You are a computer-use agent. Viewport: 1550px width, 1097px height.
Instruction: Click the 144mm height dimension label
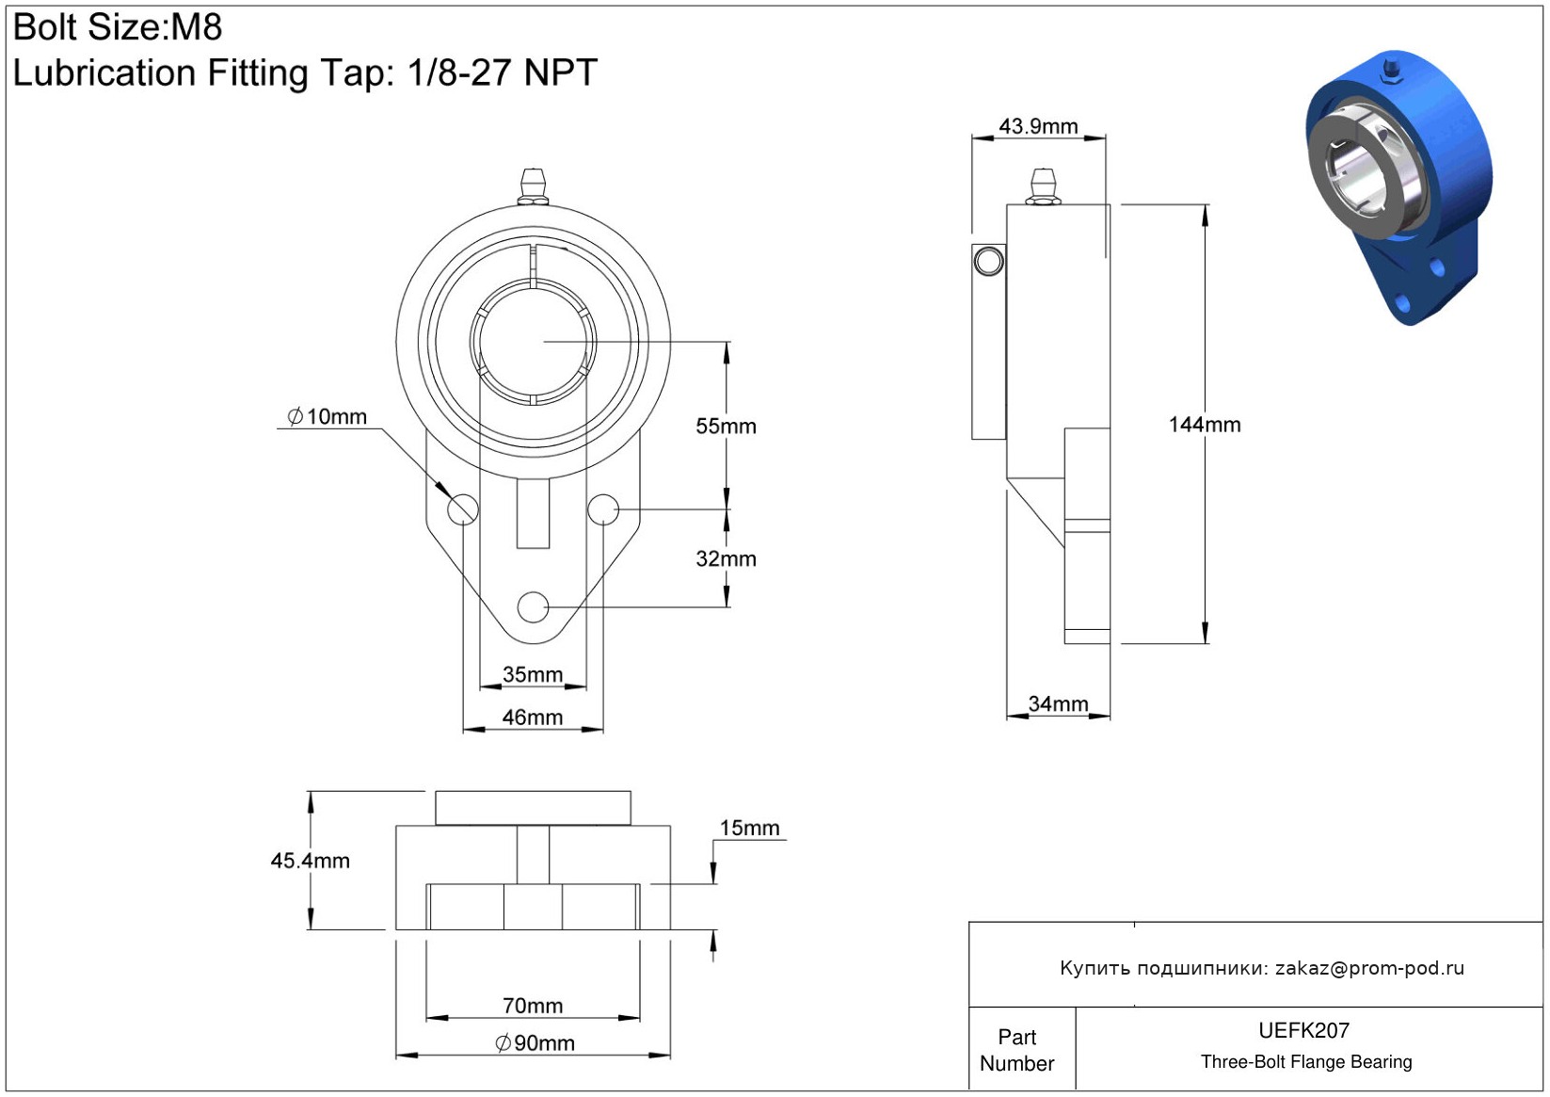point(1204,425)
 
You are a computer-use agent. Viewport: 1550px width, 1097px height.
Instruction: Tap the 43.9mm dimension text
point(1038,126)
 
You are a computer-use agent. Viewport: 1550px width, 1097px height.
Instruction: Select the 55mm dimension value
point(726,427)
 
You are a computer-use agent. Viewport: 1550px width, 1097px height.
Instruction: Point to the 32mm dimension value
point(726,559)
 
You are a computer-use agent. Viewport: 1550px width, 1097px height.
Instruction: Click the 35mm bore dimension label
point(533,675)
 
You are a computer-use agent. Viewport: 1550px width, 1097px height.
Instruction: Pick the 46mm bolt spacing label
point(533,718)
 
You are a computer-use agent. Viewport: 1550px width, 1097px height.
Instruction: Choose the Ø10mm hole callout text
point(327,416)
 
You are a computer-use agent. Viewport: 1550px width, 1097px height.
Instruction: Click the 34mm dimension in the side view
point(1058,704)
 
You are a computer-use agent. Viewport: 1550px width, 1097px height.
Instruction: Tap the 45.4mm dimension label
point(310,861)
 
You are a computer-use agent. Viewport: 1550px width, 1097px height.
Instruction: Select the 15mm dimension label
point(749,828)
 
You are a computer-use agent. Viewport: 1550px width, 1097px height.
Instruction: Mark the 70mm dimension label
point(533,1006)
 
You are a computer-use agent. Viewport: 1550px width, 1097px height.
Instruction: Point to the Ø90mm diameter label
point(535,1043)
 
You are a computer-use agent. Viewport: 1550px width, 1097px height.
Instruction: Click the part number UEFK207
point(1303,1030)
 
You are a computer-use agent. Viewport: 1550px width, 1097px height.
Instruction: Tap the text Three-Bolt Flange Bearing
point(1305,1062)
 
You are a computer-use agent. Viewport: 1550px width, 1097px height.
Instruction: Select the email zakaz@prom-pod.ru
point(1369,968)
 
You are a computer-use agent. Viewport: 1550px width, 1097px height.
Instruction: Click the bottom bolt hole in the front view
point(533,607)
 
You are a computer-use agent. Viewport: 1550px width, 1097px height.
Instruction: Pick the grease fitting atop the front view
point(533,185)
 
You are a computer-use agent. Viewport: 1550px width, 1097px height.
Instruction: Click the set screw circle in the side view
point(988,261)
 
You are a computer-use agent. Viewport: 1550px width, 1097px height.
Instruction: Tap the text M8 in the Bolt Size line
point(196,27)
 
